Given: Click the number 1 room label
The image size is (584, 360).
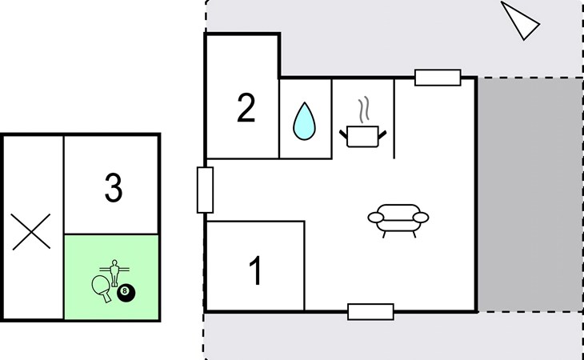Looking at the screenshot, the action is coord(256,270).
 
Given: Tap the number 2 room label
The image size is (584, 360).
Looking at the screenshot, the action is coord(246,107).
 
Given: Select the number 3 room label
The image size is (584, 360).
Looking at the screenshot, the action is coord(114,188).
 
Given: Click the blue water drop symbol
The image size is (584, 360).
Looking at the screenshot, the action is coord(304,122).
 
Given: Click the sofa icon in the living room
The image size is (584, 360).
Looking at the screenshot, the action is coord(398,220).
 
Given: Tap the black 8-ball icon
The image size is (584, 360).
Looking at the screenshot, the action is coord(126,294).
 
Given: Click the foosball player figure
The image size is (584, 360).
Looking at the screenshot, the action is coord(114,273).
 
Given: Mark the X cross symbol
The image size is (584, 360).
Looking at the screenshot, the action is coord(31,231).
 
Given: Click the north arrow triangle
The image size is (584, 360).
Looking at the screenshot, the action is coord(521,21).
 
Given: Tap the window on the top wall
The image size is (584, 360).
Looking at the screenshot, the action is coord(438,78).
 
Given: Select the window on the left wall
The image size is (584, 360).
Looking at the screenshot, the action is coord(205,190).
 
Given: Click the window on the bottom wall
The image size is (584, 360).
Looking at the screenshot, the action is coord(370,312).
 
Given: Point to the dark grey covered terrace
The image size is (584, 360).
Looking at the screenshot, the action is coord(530,194).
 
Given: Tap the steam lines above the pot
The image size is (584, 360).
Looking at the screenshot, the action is coord(364,109).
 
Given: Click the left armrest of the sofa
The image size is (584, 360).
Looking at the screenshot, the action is coord(375,218).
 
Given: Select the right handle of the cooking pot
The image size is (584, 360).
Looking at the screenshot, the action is coord(382,134).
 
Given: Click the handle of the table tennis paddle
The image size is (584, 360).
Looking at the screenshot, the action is coord(106,298).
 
